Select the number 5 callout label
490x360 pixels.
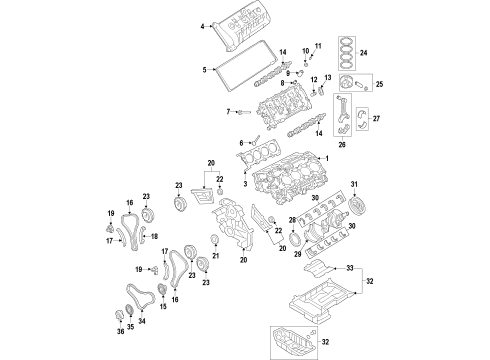pos(203,69)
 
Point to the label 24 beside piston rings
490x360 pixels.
pos(363,52)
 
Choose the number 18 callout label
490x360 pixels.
pos(154,236)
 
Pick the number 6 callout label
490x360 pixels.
pos(240,143)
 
